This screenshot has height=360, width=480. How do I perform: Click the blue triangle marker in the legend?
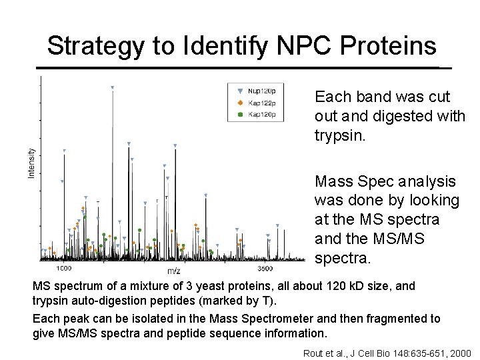point(240,91)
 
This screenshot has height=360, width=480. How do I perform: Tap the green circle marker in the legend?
point(240,115)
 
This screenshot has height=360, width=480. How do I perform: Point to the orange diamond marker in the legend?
point(240,103)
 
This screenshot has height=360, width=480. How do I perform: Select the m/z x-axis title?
point(173,270)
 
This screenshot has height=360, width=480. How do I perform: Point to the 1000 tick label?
point(63,268)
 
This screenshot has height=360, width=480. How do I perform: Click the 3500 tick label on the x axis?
point(265,268)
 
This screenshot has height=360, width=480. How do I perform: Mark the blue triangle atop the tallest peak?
point(112,87)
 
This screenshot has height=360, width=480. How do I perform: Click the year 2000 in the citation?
point(459,352)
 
